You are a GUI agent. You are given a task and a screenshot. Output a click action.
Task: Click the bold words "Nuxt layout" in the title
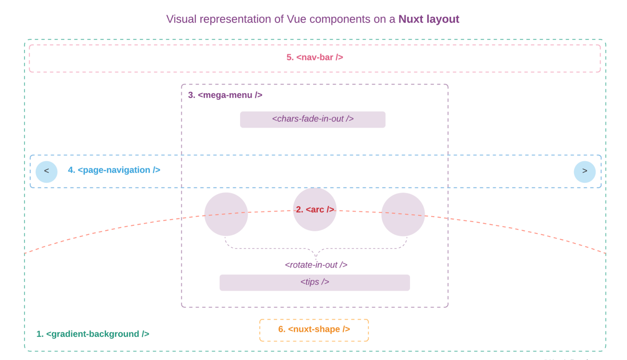pyautogui.click(x=429, y=19)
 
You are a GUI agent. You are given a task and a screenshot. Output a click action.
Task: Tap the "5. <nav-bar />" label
pyautogui.click(x=315, y=57)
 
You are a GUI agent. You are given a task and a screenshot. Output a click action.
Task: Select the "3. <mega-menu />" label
pyautogui.click(x=225, y=95)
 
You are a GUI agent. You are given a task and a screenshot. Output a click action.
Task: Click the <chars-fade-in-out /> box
pyautogui.click(x=313, y=119)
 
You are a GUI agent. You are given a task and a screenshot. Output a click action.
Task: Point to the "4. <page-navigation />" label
pyautogui.click(x=114, y=170)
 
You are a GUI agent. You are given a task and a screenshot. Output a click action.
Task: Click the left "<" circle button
pyautogui.click(x=46, y=171)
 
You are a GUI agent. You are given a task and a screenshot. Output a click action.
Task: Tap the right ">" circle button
pyautogui.click(x=584, y=171)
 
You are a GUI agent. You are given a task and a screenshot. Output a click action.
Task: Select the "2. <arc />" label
pyautogui.click(x=315, y=210)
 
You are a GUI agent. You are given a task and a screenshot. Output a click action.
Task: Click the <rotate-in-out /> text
pyautogui.click(x=316, y=265)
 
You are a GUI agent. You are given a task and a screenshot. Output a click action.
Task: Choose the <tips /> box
pyautogui.click(x=315, y=283)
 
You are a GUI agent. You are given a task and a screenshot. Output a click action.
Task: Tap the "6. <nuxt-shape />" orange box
pyautogui.click(x=314, y=330)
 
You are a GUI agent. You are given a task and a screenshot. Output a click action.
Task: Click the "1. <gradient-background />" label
pyautogui.click(x=93, y=334)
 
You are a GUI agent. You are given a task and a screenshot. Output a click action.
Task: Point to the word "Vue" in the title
pyautogui.click(x=296, y=19)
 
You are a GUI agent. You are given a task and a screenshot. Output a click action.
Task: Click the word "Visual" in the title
pyautogui.click(x=181, y=19)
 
